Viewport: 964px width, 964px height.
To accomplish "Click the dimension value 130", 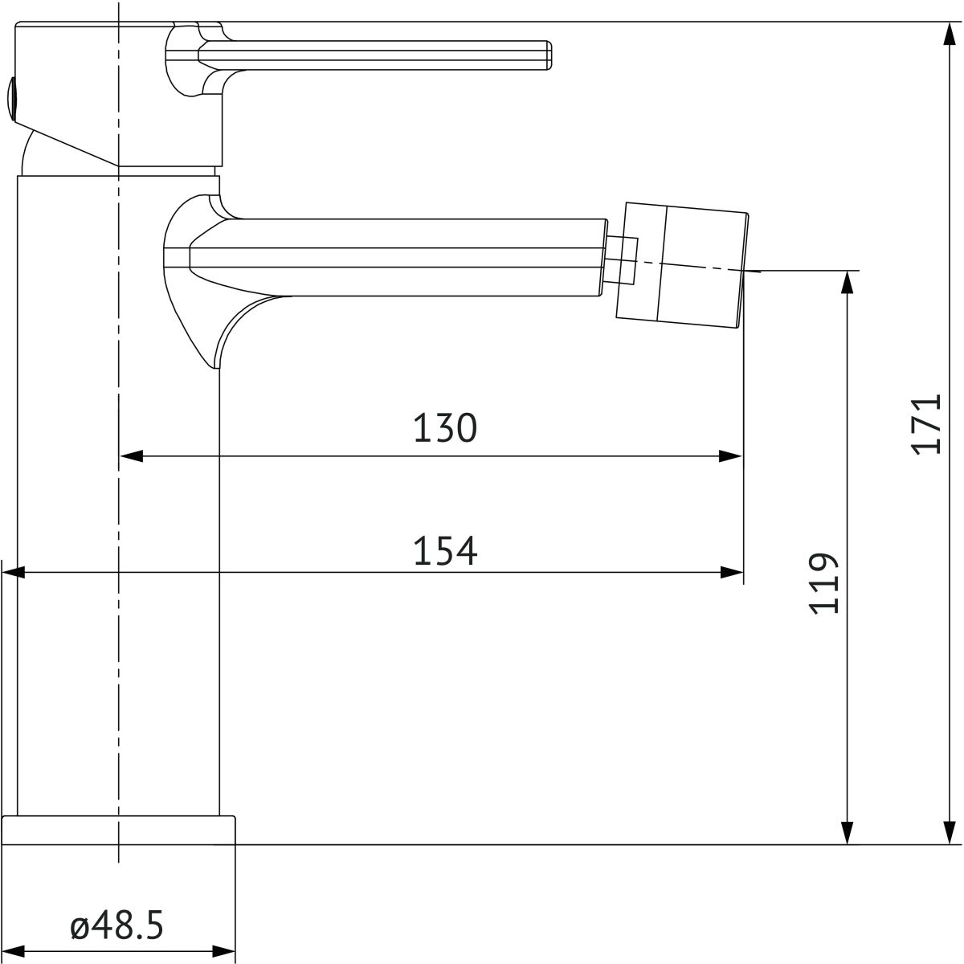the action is [445, 427].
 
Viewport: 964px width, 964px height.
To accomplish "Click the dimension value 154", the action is [445, 551].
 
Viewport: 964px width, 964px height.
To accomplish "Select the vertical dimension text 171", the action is [925, 425].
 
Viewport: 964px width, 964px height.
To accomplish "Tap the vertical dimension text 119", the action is [823, 583].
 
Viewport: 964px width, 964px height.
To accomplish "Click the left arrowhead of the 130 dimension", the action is [131, 456].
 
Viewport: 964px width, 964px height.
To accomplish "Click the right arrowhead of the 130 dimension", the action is [730, 456].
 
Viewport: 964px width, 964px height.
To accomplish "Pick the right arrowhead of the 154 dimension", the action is [731, 572].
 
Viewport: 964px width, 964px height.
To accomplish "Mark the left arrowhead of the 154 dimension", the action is [13, 572].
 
